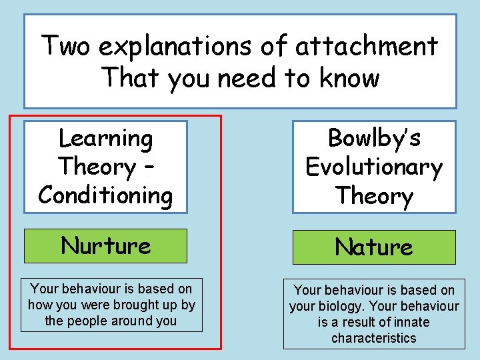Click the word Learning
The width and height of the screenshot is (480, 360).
[106, 139]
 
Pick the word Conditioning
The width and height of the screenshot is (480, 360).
[105, 195]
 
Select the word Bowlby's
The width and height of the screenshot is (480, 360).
[374, 138]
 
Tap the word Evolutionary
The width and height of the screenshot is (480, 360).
[374, 167]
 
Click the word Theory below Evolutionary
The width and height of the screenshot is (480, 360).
[374, 196]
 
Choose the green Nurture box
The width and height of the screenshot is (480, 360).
[106, 245]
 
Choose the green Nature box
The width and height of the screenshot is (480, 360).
[373, 247]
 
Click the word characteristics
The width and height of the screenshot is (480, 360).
[373, 338]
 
